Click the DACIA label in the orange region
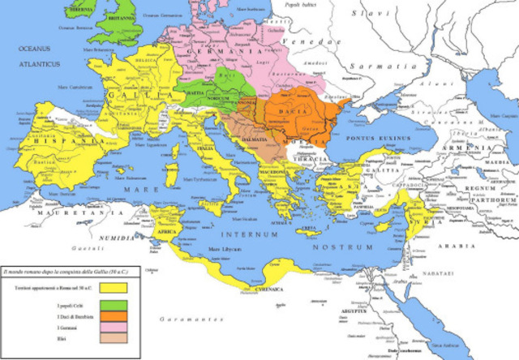(x=292, y=106)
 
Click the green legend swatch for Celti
(x=114, y=306)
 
